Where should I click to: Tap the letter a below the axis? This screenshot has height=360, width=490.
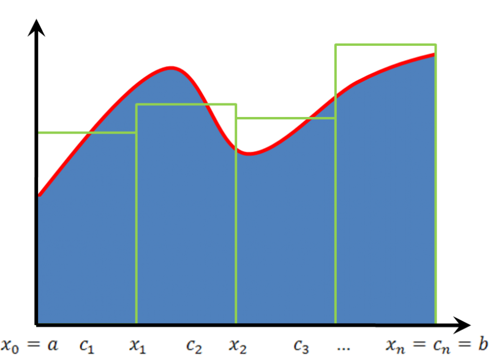tap(53, 345)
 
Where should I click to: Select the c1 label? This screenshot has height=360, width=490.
tap(86, 346)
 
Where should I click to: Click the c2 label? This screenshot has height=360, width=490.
tap(194, 346)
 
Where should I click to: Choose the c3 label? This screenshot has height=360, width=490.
tap(301, 346)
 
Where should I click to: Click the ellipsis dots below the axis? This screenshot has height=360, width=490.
tap(343, 348)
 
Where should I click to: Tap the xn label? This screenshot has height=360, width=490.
tap(394, 346)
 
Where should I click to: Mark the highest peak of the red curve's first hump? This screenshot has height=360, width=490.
tap(171, 67)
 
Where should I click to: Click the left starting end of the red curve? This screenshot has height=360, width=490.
tap(39, 195)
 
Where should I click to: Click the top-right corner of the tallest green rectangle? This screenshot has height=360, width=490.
tap(435, 44)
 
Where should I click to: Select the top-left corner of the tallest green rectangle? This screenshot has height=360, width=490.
tap(335, 44)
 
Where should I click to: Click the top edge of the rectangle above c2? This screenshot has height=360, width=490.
tap(186, 105)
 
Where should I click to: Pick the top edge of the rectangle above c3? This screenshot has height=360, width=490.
tap(285, 118)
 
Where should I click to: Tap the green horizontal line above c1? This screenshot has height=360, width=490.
tap(86, 132)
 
